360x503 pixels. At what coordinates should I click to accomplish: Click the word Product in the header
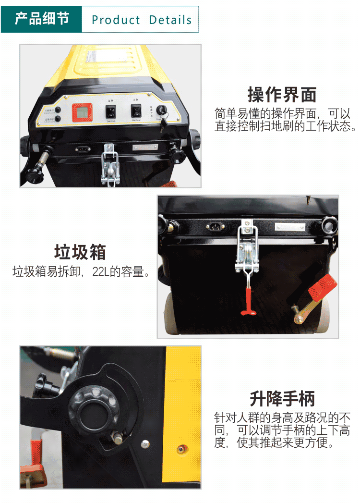coord(116,20)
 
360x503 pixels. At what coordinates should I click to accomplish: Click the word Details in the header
coord(170,20)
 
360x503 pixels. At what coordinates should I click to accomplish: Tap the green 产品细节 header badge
coord(42,19)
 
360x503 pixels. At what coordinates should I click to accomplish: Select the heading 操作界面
coord(282,95)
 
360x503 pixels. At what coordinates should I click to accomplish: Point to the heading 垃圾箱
coord(80,252)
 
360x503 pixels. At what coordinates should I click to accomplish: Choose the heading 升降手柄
coord(282,399)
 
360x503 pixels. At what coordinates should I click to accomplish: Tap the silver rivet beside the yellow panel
coord(145,444)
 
